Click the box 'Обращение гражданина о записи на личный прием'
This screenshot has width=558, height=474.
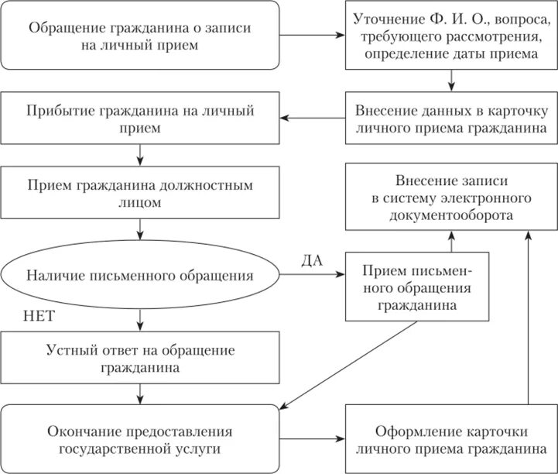click(x=139, y=35)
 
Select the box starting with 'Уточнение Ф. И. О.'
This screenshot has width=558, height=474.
click(x=450, y=36)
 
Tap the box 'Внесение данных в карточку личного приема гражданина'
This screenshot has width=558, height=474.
click(x=450, y=118)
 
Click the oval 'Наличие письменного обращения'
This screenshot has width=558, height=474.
click(x=140, y=275)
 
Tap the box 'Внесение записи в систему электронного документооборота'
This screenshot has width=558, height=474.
click(x=450, y=196)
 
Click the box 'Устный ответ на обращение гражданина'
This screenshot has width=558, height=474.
click(x=139, y=357)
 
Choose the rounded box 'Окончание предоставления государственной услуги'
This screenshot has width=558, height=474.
click(x=139, y=439)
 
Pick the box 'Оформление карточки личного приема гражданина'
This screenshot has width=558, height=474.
click(x=450, y=439)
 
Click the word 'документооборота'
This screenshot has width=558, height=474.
click(x=450, y=215)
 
